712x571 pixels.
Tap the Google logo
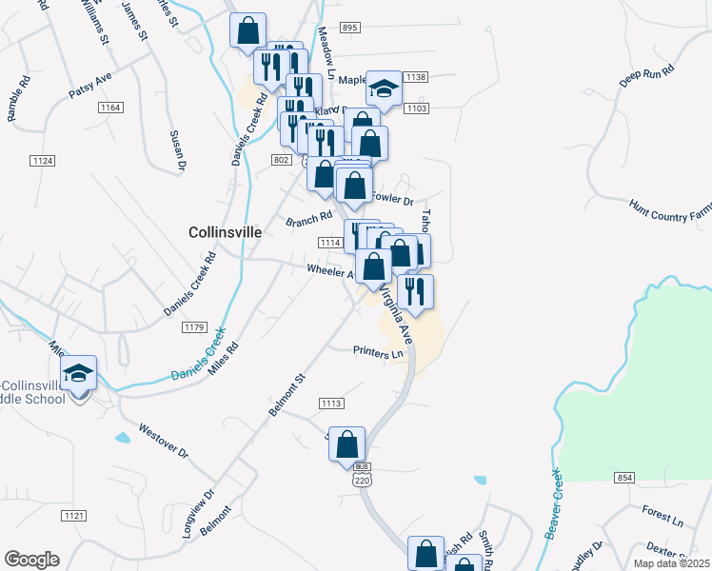click(31, 560)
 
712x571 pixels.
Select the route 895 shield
click(349, 29)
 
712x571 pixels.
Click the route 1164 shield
click(109, 108)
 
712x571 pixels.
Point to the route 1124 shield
click(42, 159)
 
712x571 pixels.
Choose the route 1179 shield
click(194, 327)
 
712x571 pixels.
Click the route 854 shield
click(624, 477)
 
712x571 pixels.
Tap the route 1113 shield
click(330, 404)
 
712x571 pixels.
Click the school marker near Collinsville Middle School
click(79, 373)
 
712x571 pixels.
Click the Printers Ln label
click(378, 352)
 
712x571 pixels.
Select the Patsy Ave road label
click(90, 86)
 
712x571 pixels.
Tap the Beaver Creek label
click(551, 503)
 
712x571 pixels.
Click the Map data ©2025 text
click(671, 563)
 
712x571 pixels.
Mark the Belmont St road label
click(285, 394)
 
